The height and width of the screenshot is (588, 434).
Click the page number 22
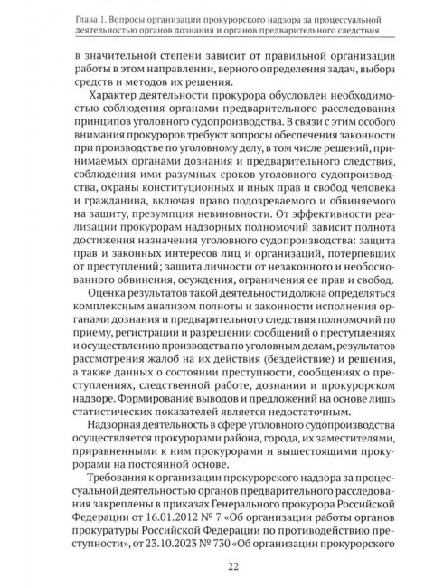point(217,564)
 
